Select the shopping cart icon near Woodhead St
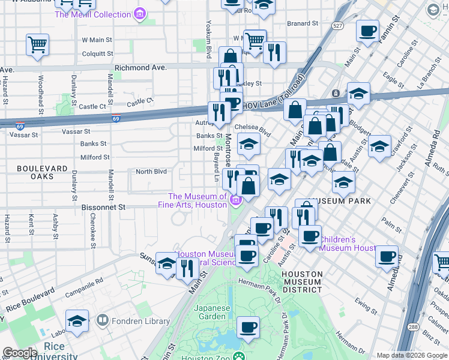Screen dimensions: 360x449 pyautogui.click(x=37, y=44)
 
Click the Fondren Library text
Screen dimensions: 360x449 pyautogui.click(x=133, y=321)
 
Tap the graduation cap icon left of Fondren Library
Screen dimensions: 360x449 pyautogui.click(x=77, y=320)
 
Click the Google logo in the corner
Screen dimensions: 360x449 pyautogui.click(x=20, y=353)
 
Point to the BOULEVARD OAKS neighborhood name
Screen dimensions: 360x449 pyautogui.click(x=43, y=173)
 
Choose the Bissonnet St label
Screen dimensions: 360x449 pyautogui.click(x=103, y=207)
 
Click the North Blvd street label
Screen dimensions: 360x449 pyautogui.click(x=151, y=172)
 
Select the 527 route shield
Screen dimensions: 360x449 pyautogui.click(x=339, y=25)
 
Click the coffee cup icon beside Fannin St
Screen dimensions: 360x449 pyautogui.click(x=367, y=31)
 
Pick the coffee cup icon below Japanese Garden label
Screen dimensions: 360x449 pyautogui.click(x=248, y=328)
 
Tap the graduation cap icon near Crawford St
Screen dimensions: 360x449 pyautogui.click(x=379, y=146)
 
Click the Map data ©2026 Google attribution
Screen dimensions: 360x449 pyautogui.click(x=411, y=355)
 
